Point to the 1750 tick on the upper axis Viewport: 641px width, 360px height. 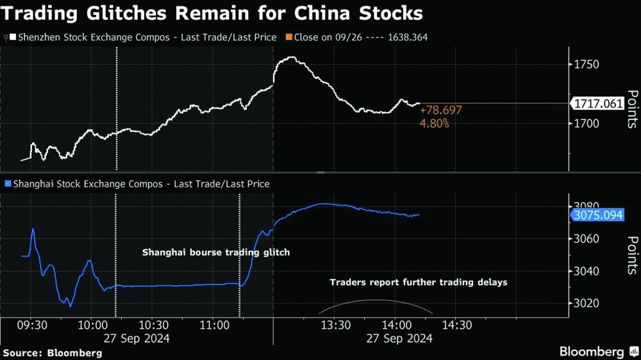coord(587,65)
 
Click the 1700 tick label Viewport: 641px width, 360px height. coord(587,123)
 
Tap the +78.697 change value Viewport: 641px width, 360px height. coord(440,111)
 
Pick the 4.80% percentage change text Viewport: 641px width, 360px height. coord(434,123)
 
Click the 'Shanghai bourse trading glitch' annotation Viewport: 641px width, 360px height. coord(215,252)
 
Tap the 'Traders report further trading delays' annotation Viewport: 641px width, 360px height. coord(419,282)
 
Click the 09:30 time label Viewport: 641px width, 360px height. coord(31,325)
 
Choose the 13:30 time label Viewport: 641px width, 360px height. coord(334,325)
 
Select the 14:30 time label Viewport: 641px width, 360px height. coord(456,325)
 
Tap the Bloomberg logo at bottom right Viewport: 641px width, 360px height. coord(599,352)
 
